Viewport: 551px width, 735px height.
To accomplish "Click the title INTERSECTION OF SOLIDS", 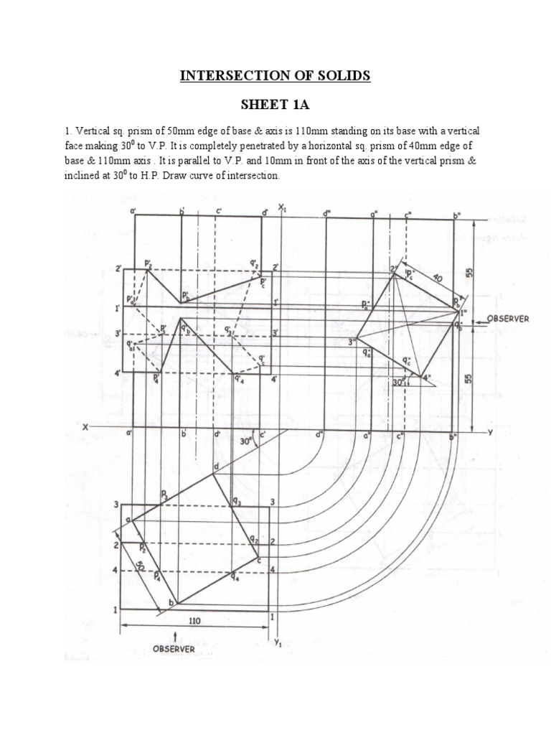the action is click(275, 75).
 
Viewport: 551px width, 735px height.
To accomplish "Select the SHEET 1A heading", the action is click(275, 106).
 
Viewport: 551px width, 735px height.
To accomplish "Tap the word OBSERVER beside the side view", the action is click(509, 318).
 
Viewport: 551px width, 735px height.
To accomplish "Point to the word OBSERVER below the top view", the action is click(173, 648).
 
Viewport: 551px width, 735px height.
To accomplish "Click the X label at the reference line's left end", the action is click(85, 427).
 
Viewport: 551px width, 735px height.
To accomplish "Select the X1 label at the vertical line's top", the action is click(283, 209).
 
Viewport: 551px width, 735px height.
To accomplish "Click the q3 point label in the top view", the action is click(236, 502).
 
